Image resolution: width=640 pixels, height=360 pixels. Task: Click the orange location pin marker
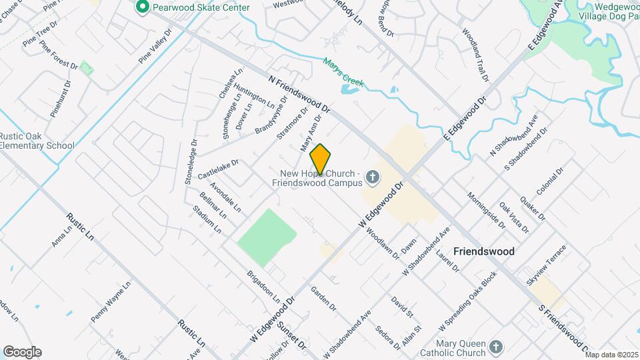tap(320, 159)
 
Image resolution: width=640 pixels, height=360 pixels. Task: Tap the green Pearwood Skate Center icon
tap(141, 7)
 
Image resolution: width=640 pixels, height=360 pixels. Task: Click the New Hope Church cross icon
tap(373, 178)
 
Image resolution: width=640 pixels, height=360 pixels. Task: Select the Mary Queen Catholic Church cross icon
tap(495, 346)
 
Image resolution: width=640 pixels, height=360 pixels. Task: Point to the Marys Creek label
tap(343, 73)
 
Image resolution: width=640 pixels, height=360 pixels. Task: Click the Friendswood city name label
tap(483, 251)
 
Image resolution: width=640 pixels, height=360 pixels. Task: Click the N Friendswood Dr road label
tap(299, 93)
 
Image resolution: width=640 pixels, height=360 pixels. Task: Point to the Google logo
tap(22, 352)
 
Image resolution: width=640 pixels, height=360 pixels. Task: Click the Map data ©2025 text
tap(611, 355)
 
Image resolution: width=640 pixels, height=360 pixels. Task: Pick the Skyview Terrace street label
tap(546, 265)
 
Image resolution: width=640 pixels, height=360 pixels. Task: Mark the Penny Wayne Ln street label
tap(111, 302)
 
